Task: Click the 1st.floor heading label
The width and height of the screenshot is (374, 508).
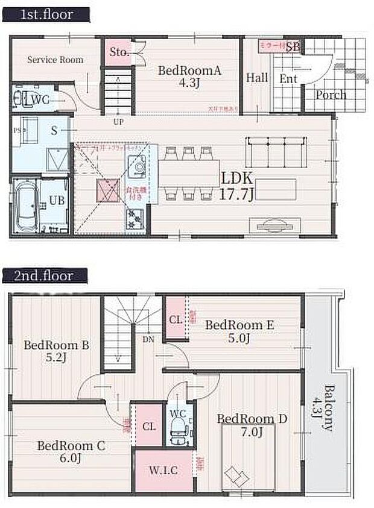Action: tap(46, 14)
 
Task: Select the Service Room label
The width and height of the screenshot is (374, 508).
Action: tap(55, 60)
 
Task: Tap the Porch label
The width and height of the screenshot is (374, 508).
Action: tap(331, 95)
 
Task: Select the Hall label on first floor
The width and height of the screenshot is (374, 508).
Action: tap(256, 77)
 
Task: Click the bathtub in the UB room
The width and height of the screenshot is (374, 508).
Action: tap(25, 205)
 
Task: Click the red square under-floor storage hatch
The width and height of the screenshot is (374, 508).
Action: tap(109, 190)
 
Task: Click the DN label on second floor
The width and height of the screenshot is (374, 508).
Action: tap(148, 339)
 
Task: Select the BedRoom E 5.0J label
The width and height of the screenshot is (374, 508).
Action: tap(239, 331)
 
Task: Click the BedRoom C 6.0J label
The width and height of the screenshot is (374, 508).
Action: tap(71, 451)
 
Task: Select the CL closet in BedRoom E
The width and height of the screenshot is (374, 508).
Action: tap(174, 319)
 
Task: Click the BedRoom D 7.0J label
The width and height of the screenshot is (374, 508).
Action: tap(252, 425)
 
